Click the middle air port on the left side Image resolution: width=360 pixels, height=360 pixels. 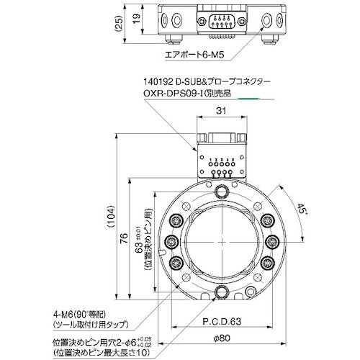[x=174, y=242]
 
